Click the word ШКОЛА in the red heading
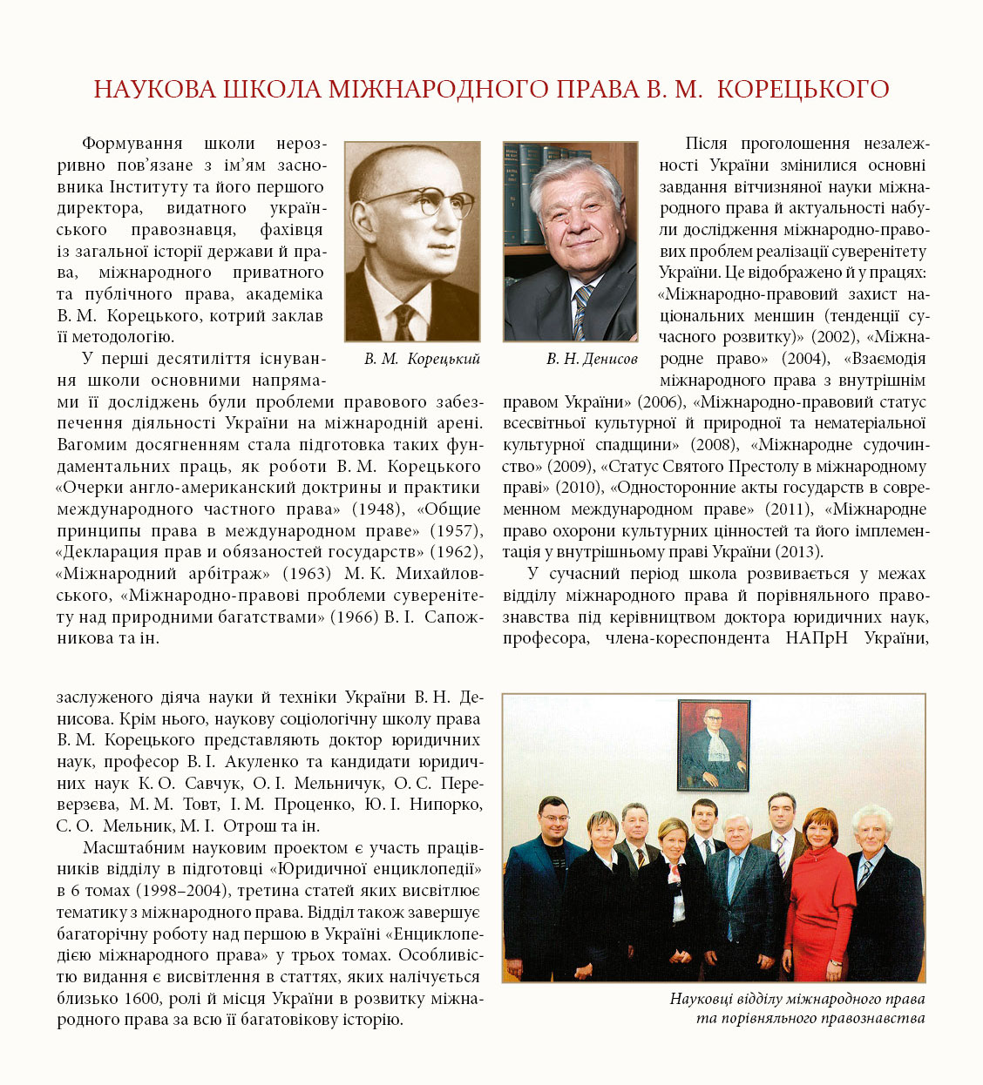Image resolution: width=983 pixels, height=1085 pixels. pyautogui.click(x=274, y=89)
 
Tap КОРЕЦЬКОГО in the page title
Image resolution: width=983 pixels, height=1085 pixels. pyautogui.click(x=803, y=89)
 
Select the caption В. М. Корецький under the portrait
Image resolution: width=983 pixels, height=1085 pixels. pyautogui.click(x=422, y=359)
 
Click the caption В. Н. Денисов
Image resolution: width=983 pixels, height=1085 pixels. pyautogui.click(x=592, y=359)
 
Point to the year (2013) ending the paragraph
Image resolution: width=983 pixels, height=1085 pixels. pyautogui.click(x=798, y=552)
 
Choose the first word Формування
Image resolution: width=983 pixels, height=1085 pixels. pyautogui.click(x=132, y=144)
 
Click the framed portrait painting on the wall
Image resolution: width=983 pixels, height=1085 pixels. pyautogui.click(x=714, y=745)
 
